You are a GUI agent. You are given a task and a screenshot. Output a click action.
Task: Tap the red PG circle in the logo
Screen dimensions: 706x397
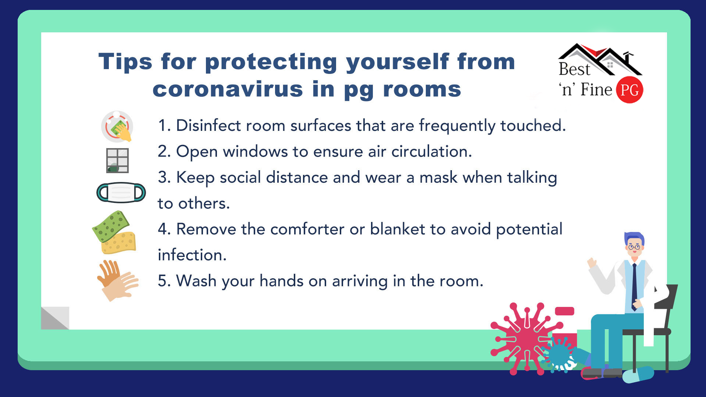click(630, 90)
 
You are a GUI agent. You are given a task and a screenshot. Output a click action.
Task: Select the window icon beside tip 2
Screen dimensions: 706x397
click(117, 160)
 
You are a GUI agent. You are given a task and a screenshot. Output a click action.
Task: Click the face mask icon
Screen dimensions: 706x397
click(121, 193)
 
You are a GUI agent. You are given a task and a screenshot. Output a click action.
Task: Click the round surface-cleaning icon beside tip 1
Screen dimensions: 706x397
click(117, 126)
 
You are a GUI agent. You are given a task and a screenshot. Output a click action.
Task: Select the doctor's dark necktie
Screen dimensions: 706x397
click(634, 287)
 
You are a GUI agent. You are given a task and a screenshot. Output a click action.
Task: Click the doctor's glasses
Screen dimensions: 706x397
click(634, 247)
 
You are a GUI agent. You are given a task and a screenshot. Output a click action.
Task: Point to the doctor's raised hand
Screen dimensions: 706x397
click(592, 262)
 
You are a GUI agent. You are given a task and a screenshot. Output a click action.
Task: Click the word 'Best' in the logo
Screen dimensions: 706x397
click(574, 69)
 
